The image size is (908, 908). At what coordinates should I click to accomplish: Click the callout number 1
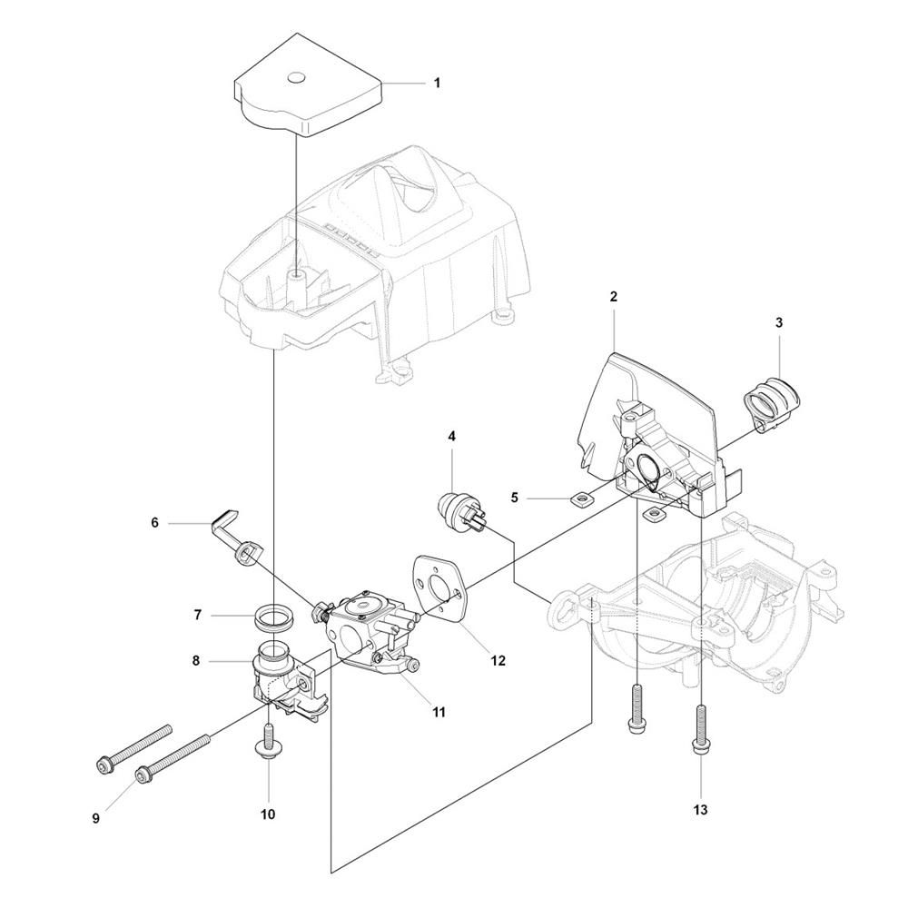click(438, 83)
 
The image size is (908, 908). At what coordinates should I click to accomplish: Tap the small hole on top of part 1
click(297, 76)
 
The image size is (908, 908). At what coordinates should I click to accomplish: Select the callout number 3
click(779, 322)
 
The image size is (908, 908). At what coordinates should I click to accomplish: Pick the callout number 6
click(154, 523)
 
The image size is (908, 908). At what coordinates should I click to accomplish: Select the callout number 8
click(196, 660)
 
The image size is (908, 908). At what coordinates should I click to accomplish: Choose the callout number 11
click(439, 712)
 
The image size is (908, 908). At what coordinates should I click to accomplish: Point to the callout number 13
click(700, 810)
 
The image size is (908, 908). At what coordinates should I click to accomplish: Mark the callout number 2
click(613, 297)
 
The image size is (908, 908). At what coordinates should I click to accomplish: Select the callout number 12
click(498, 660)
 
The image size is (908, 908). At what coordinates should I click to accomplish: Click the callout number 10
click(268, 814)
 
